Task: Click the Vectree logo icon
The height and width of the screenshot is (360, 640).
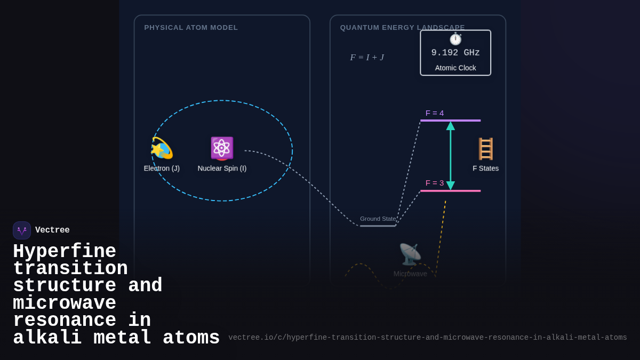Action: coord(22,230)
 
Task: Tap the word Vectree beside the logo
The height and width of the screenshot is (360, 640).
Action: coord(52,230)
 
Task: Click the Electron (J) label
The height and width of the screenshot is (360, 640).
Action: coord(162,169)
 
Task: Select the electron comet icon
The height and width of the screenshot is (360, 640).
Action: coord(162,148)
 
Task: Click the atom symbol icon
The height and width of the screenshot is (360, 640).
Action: coord(222,148)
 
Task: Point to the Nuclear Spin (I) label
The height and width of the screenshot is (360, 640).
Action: coord(222,169)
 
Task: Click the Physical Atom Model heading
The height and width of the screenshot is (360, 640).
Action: coord(191,28)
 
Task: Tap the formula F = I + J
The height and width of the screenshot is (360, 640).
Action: coord(367,58)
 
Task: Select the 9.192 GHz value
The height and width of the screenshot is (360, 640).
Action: coord(455,53)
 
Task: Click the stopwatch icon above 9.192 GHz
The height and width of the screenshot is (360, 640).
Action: coord(455,39)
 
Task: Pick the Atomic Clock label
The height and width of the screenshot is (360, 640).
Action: coord(455,68)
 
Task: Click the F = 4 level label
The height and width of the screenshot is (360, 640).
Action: coord(435,113)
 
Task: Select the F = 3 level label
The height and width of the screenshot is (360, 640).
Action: coord(435,183)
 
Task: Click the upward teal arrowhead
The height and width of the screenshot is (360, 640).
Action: coord(451,126)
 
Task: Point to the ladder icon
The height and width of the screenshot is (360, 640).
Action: coord(485,149)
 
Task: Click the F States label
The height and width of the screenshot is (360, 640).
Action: coord(485,169)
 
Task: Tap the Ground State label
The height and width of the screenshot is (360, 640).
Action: coord(378,219)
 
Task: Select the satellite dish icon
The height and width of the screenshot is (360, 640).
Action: coord(410,254)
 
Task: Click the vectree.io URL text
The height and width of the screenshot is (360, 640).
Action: coord(428,338)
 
